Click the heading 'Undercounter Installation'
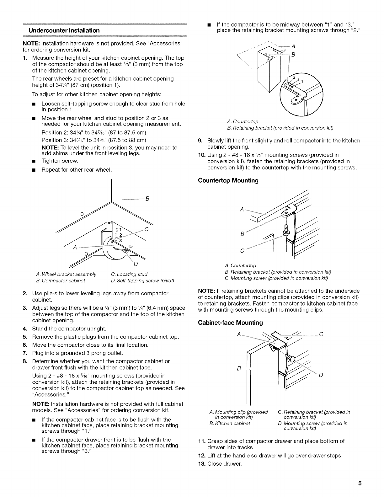point(64,30)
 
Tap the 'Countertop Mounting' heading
point(228,180)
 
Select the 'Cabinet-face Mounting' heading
point(230,323)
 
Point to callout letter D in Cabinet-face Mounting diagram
point(321,375)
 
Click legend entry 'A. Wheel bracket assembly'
point(67,274)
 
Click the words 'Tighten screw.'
point(60,161)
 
